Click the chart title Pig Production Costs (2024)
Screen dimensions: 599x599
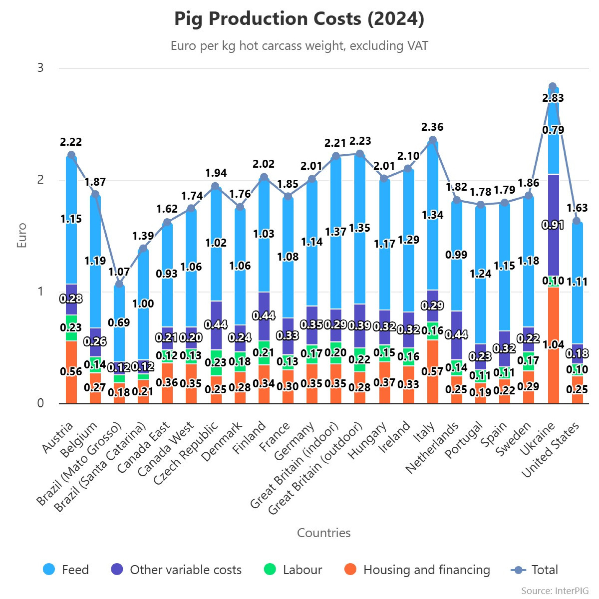(299, 19)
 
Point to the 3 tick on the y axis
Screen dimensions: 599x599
(41, 68)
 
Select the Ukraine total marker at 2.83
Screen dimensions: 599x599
(552, 86)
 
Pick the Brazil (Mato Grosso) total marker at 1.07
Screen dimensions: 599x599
(120, 284)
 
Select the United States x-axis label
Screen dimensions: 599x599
(550, 450)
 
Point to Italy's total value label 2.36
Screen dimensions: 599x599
(432, 127)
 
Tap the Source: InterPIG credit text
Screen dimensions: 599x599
(555, 590)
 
